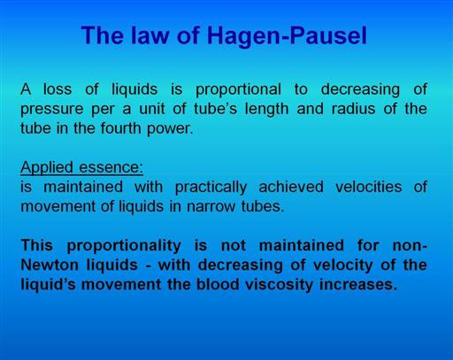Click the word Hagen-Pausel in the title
pyautogui.click(x=287, y=35)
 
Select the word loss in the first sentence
pyautogui.click(x=58, y=89)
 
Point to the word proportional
pyautogui.click(x=238, y=90)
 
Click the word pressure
pyautogui.click(x=52, y=110)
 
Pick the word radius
pyautogui.click(x=353, y=109)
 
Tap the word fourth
pyautogui.click(x=120, y=128)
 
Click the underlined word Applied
pyautogui.click(x=47, y=168)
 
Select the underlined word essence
pyautogui.click(x=111, y=168)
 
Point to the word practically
pyautogui.click(x=211, y=188)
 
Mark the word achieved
pyautogui.click(x=291, y=187)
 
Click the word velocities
pyautogui.click(x=368, y=187)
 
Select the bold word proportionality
pyautogui.click(x=124, y=246)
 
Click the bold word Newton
pyautogui.click(x=50, y=264)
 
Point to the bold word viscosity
pyautogui.click(x=279, y=285)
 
